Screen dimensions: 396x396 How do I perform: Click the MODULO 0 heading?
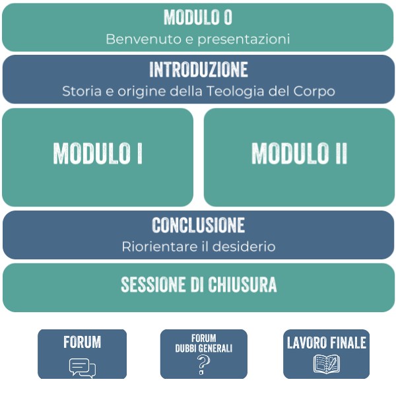coord(198,16)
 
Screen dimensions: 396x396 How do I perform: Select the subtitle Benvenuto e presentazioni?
coord(198,39)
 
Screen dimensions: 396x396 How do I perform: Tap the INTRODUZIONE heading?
coord(198,69)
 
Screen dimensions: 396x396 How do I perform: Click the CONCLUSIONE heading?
coord(198,225)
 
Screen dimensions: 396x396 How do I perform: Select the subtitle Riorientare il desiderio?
coord(198,247)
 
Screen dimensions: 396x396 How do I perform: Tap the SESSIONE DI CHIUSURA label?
coord(198,284)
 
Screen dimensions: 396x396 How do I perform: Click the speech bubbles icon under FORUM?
coord(82,367)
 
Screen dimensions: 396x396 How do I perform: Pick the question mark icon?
coord(204,365)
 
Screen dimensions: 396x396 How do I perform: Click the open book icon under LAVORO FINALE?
coord(326,364)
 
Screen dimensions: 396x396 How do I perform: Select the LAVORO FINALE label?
coord(326,343)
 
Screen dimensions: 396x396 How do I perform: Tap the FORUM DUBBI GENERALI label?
coord(204,343)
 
